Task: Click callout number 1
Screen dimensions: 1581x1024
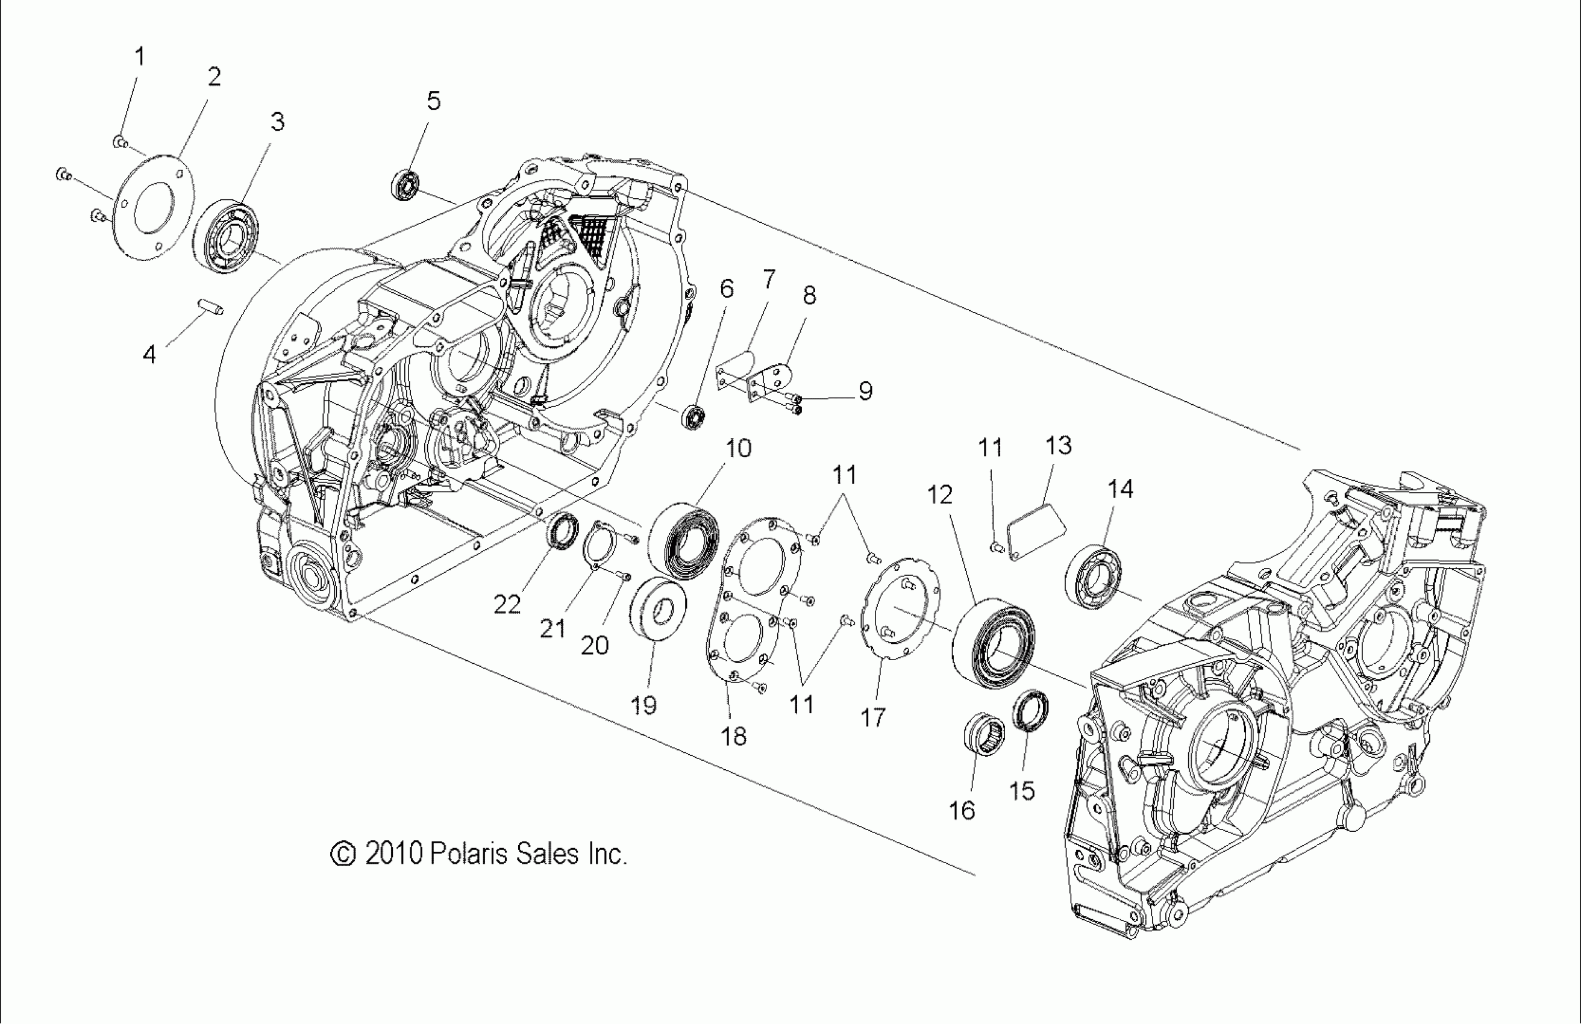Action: (x=140, y=57)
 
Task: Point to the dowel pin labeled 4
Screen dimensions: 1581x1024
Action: (x=210, y=307)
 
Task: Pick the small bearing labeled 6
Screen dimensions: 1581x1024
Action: (x=693, y=417)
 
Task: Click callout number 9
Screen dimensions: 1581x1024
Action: (x=865, y=391)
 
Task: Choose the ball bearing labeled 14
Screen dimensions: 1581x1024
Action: (x=1094, y=575)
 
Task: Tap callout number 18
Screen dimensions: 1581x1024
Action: (x=733, y=736)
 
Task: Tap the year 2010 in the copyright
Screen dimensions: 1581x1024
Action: (x=394, y=854)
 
